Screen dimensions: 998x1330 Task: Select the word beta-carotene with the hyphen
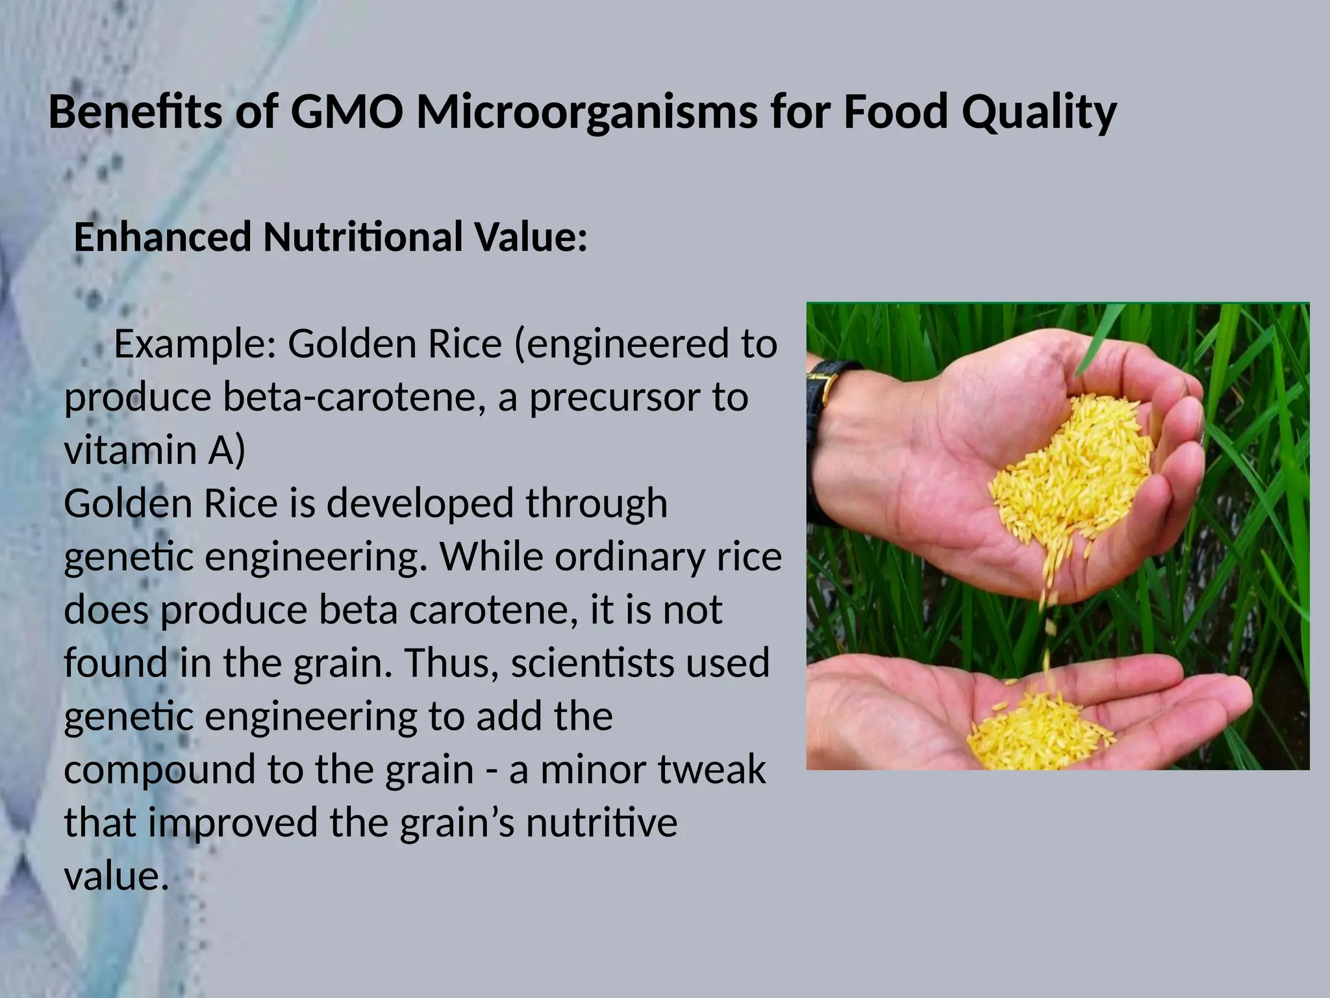pyautogui.click(x=353, y=397)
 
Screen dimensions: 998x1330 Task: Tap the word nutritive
pyautogui.click(x=601, y=823)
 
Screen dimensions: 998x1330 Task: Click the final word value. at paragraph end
pyautogui.click(x=116, y=876)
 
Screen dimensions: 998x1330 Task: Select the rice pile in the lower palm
pyautogui.click(x=1039, y=731)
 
